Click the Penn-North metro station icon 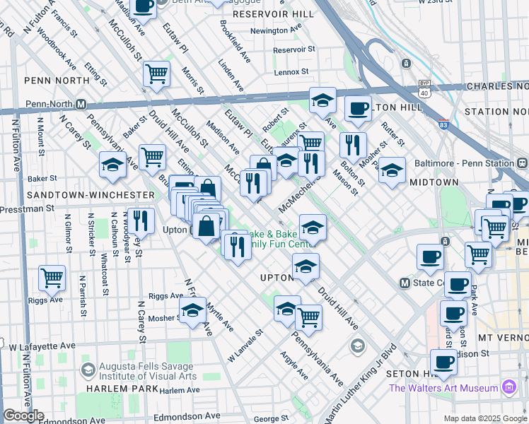(x=81, y=105)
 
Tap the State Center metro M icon (x=405, y=283)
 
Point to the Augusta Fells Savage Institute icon (x=88, y=370)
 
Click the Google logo (x=24, y=416)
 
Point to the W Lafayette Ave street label (x=42, y=347)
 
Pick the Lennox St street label (x=292, y=72)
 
